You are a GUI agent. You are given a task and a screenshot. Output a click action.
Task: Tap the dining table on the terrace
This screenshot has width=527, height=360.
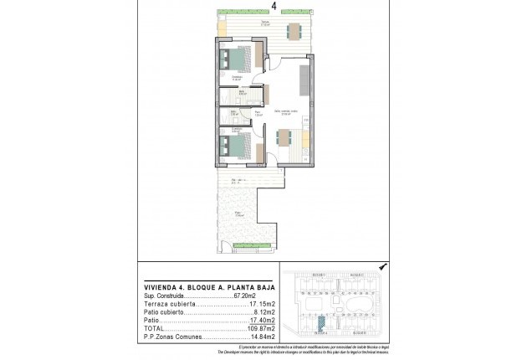click(x=294, y=32)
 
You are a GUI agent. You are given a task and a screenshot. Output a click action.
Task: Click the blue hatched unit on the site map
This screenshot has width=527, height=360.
click(x=320, y=319)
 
